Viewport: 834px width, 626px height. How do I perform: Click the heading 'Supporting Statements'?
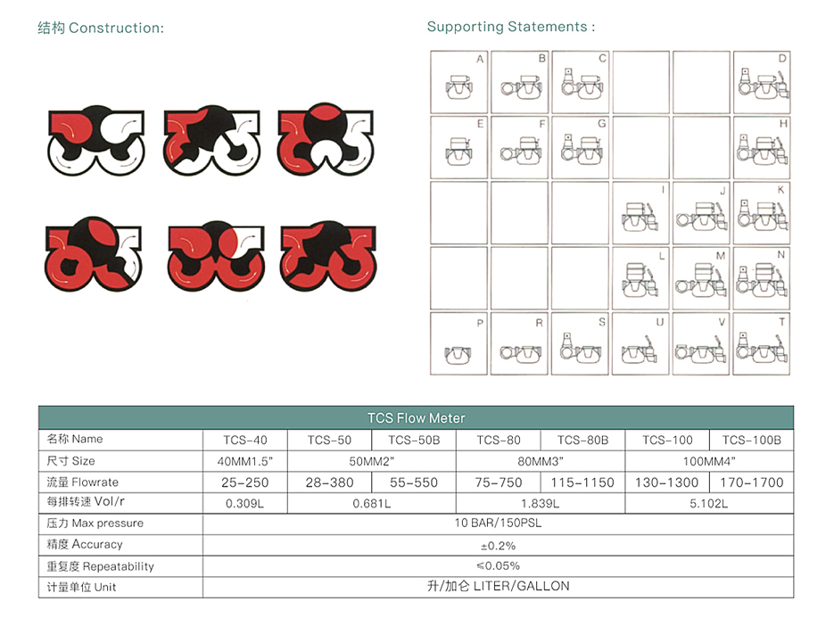[x=510, y=27]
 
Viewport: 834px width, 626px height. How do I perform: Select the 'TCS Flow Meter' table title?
[x=416, y=417]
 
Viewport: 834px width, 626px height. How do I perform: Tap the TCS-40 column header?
[x=244, y=440]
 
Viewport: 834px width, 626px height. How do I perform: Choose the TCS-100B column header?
[x=751, y=440]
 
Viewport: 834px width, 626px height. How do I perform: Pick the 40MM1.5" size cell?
[x=244, y=461]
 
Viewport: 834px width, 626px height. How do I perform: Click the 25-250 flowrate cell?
[x=244, y=482]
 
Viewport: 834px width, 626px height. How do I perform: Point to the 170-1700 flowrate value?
[x=751, y=482]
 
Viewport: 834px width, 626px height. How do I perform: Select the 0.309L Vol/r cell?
[x=244, y=504]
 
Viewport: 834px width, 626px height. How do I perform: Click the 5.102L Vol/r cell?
[x=709, y=504]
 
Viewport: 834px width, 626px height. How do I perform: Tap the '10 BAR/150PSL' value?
[x=498, y=523]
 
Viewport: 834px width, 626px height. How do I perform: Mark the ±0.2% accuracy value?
[x=498, y=545]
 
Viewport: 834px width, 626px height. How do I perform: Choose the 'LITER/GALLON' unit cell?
[x=498, y=586]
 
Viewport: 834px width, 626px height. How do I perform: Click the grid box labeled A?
[x=459, y=81]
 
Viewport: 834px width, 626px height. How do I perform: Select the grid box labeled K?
[x=762, y=212]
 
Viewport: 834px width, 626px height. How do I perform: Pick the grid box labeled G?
[x=581, y=146]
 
